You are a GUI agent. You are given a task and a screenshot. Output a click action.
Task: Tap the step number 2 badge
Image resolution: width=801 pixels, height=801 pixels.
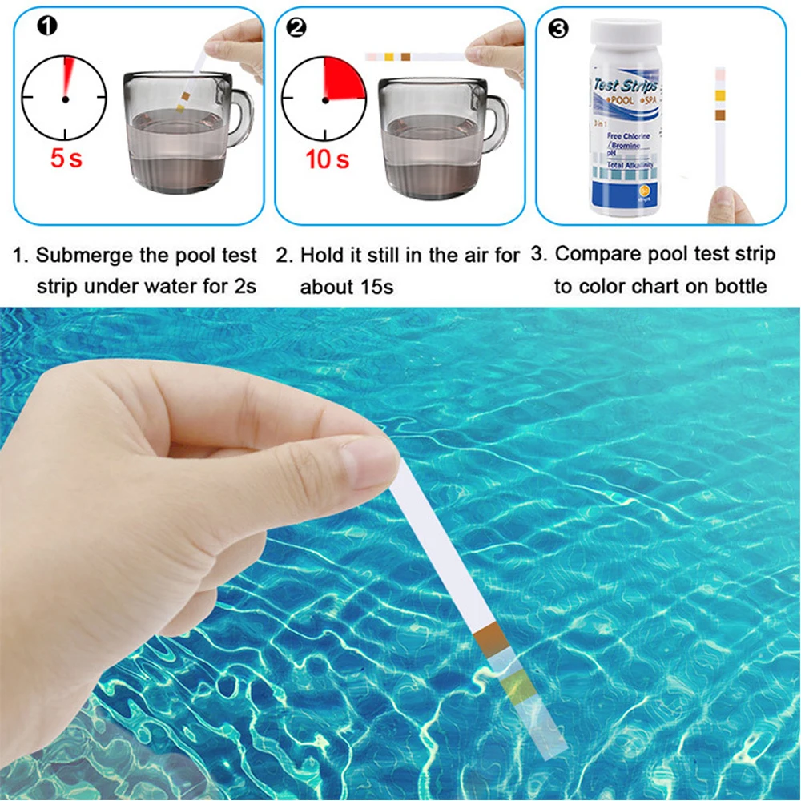click(x=296, y=27)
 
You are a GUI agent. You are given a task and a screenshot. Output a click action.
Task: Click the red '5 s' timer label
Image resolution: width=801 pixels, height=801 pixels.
click(x=66, y=158)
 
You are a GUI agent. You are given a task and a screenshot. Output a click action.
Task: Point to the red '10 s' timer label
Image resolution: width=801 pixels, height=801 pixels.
click(x=327, y=159)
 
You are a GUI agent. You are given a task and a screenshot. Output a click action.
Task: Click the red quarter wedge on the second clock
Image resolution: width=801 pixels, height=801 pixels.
click(x=342, y=78)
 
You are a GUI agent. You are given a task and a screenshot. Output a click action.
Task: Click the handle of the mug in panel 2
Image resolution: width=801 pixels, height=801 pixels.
click(x=497, y=120)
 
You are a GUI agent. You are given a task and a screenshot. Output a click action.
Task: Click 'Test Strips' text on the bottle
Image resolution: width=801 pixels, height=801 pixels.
click(x=626, y=85)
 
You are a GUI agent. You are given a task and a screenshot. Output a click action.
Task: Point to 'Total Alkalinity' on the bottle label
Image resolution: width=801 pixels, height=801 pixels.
click(x=630, y=163)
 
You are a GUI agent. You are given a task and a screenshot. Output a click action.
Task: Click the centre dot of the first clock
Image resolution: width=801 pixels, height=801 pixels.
click(x=65, y=99)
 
